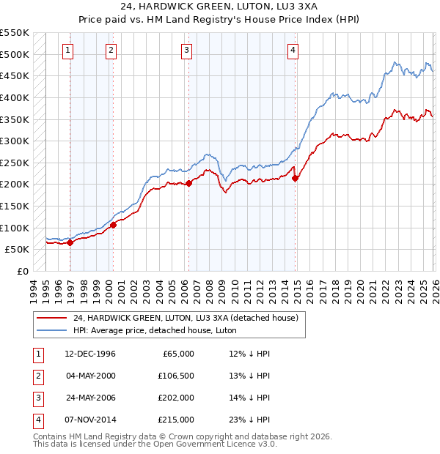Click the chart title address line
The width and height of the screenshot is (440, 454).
(x=220, y=8)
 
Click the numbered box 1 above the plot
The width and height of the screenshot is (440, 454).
(x=67, y=51)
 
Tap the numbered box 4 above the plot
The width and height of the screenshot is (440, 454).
(x=293, y=51)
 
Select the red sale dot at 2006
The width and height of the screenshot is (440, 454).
(x=188, y=183)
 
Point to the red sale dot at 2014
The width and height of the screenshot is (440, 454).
(x=296, y=177)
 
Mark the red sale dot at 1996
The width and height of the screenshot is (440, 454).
(x=70, y=243)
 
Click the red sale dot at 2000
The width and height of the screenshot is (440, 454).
(x=114, y=225)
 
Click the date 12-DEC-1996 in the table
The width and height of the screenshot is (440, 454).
(x=89, y=354)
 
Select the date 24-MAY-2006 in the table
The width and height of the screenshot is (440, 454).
(x=89, y=398)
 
